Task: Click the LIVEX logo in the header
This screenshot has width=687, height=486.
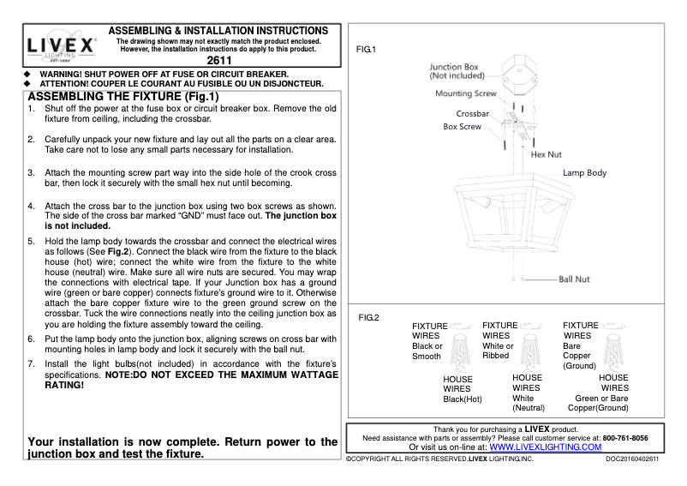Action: tap(61, 45)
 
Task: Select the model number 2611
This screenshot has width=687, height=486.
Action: tap(219, 61)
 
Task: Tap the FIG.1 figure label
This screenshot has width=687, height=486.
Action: tap(367, 51)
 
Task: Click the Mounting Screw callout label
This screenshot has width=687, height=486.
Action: tap(465, 93)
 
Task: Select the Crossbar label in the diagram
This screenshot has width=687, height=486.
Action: tap(472, 113)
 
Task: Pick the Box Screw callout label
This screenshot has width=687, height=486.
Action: tap(462, 127)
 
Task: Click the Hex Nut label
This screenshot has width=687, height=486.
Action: tap(546, 155)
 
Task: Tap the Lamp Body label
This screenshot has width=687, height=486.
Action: tap(584, 173)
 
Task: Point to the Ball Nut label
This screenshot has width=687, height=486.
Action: tap(574, 279)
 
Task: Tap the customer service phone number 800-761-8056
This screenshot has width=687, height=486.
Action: tap(624, 437)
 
